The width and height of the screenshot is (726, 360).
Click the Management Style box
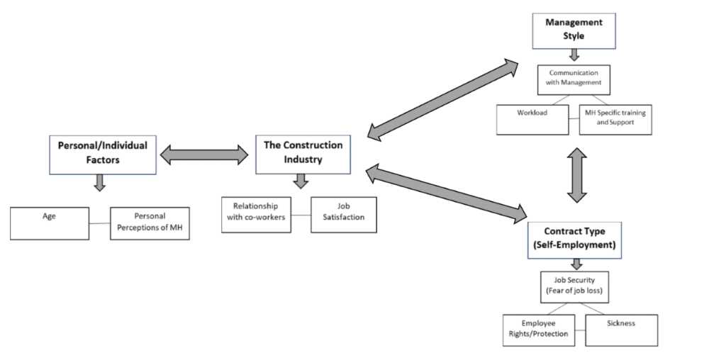coord(574,30)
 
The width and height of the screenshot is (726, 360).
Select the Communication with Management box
coord(574,79)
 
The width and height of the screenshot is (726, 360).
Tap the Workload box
coord(532,119)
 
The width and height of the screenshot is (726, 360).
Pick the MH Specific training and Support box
coord(615,119)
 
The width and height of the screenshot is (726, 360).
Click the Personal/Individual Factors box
coord(103,154)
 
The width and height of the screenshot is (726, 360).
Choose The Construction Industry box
coord(303,154)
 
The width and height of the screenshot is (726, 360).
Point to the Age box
coord(50,223)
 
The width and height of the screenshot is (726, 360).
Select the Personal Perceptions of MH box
coord(150,223)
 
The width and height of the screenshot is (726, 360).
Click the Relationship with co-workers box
coord(256,215)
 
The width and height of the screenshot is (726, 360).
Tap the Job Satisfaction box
coord(344,215)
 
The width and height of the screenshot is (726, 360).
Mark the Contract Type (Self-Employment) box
coord(574,240)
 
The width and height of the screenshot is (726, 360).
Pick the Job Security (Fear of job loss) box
coord(574,287)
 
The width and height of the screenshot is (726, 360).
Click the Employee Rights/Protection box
coord(539,330)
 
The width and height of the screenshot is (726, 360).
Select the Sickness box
coord(621,330)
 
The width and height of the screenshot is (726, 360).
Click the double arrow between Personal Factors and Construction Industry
coord(204,154)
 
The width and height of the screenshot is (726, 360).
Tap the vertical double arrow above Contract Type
coord(577,175)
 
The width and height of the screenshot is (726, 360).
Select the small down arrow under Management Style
coord(574,55)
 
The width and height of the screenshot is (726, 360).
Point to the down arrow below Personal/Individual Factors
coord(99,183)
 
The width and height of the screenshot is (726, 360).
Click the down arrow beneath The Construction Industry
coord(301,181)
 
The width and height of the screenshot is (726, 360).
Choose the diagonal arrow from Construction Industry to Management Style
coord(443,99)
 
